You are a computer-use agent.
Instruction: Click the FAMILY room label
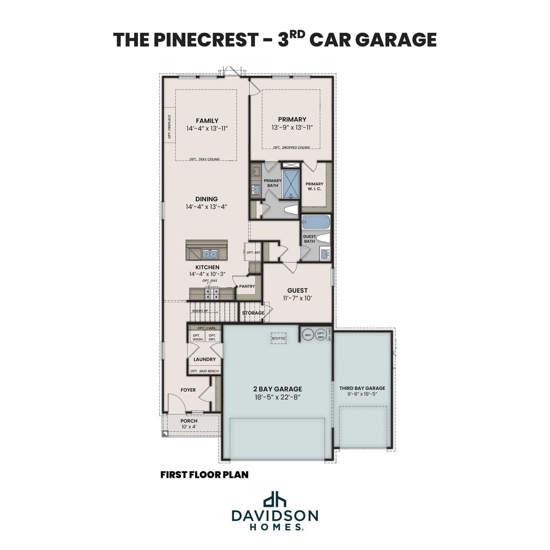(207, 121)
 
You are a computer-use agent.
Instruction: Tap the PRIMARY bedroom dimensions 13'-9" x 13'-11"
(292, 128)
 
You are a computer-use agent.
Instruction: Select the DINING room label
(206, 199)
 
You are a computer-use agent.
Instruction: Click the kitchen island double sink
(210, 254)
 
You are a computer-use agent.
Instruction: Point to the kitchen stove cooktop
(211, 294)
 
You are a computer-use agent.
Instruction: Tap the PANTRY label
(247, 286)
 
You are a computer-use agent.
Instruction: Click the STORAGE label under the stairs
(253, 313)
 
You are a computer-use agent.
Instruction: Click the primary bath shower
(291, 183)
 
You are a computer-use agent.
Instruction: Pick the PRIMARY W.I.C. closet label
(315, 186)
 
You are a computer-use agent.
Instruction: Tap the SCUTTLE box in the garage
(278, 338)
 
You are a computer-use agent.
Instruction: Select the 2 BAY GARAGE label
(277, 389)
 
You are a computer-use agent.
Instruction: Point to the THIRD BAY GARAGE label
(362, 388)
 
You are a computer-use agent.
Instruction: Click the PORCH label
(189, 421)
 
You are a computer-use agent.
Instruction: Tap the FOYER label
(188, 390)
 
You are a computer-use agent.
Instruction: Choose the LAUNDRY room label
(205, 359)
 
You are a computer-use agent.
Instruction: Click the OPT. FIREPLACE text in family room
(169, 128)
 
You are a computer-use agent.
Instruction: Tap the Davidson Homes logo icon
(275, 499)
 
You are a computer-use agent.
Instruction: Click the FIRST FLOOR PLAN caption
(205, 475)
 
